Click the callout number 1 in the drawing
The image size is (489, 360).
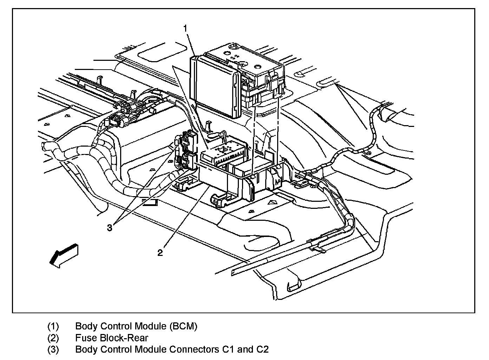185,28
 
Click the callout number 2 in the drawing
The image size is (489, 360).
160,253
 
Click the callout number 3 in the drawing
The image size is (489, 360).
109,227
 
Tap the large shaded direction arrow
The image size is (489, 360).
64,255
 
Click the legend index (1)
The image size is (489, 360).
53,326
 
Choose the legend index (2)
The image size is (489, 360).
53,338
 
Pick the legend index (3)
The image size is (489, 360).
53,349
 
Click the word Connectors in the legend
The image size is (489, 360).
194,349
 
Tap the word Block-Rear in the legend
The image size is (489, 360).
124,338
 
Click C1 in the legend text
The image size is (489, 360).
228,349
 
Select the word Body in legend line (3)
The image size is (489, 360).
86,350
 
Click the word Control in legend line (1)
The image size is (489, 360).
116,326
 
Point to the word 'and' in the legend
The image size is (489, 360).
245,349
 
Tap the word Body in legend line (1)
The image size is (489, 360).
86,326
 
